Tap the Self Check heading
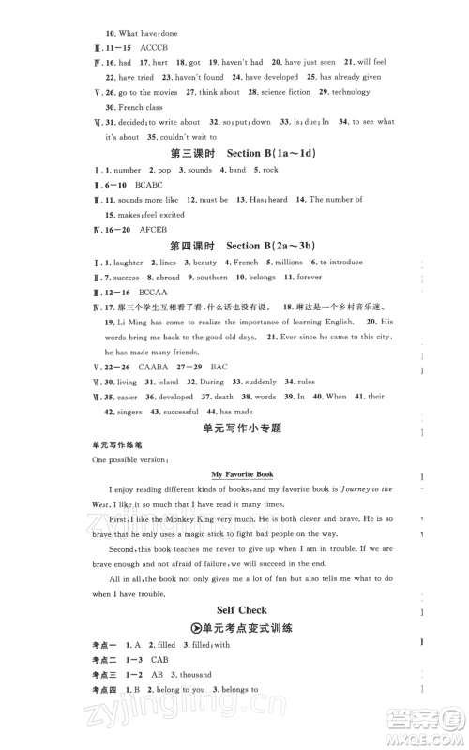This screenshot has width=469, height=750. (234, 610)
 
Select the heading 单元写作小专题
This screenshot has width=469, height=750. (234, 427)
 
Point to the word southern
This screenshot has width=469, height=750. (208, 277)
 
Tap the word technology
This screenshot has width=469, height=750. (351, 92)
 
